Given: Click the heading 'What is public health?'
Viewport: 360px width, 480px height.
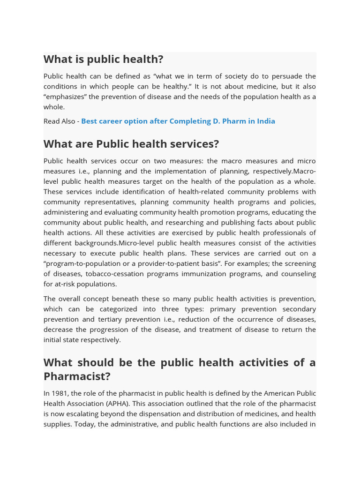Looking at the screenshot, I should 103,60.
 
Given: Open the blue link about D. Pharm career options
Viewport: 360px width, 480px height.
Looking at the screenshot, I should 178,121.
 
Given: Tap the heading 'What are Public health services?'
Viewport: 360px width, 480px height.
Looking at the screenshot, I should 131,144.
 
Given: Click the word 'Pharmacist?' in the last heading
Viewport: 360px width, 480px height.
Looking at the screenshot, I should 77,376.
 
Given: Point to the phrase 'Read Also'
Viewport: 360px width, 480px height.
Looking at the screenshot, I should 59,121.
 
